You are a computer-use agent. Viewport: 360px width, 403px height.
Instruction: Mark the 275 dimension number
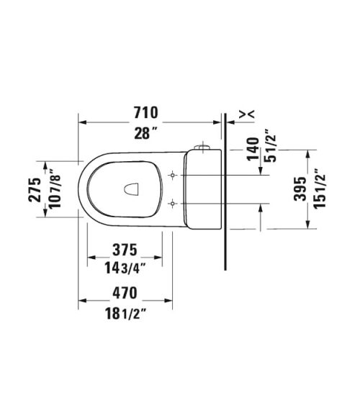[33, 189]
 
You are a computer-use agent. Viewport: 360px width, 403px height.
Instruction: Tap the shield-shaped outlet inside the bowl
[131, 189]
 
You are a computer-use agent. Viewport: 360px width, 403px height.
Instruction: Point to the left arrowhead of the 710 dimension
[82, 122]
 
